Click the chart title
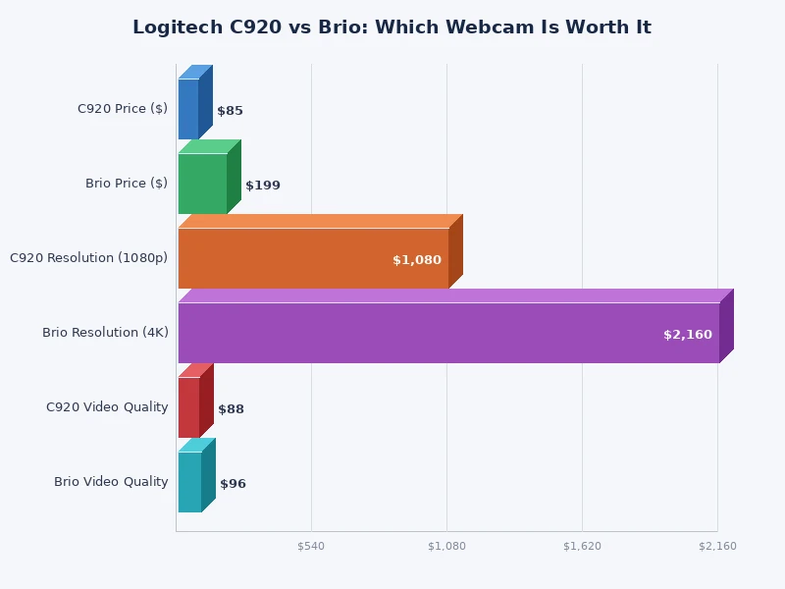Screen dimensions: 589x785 [x=392, y=27]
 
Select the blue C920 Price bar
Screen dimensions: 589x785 [x=188, y=109]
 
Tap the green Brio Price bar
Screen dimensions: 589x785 [x=202, y=184]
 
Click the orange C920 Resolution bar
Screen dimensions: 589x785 [x=313, y=258]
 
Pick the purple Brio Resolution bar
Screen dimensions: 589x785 [x=448, y=333]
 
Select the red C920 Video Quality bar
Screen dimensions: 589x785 [x=188, y=407]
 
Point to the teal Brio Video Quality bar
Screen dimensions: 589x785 [x=189, y=482]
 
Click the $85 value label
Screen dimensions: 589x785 [x=230, y=111]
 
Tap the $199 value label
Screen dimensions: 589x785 [x=263, y=186]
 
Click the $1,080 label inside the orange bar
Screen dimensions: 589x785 [x=417, y=260]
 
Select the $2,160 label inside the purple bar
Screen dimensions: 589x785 [x=688, y=335]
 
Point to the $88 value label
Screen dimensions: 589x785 [x=231, y=409]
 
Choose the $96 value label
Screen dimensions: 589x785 [x=233, y=484]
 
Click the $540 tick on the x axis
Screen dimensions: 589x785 [x=311, y=546]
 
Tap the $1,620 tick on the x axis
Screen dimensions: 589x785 [x=582, y=546]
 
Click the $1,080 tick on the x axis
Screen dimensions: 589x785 [x=446, y=546]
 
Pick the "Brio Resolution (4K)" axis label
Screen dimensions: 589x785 [x=105, y=333]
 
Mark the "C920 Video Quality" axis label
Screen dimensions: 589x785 [x=107, y=407]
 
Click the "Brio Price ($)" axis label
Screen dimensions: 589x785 [x=127, y=184]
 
